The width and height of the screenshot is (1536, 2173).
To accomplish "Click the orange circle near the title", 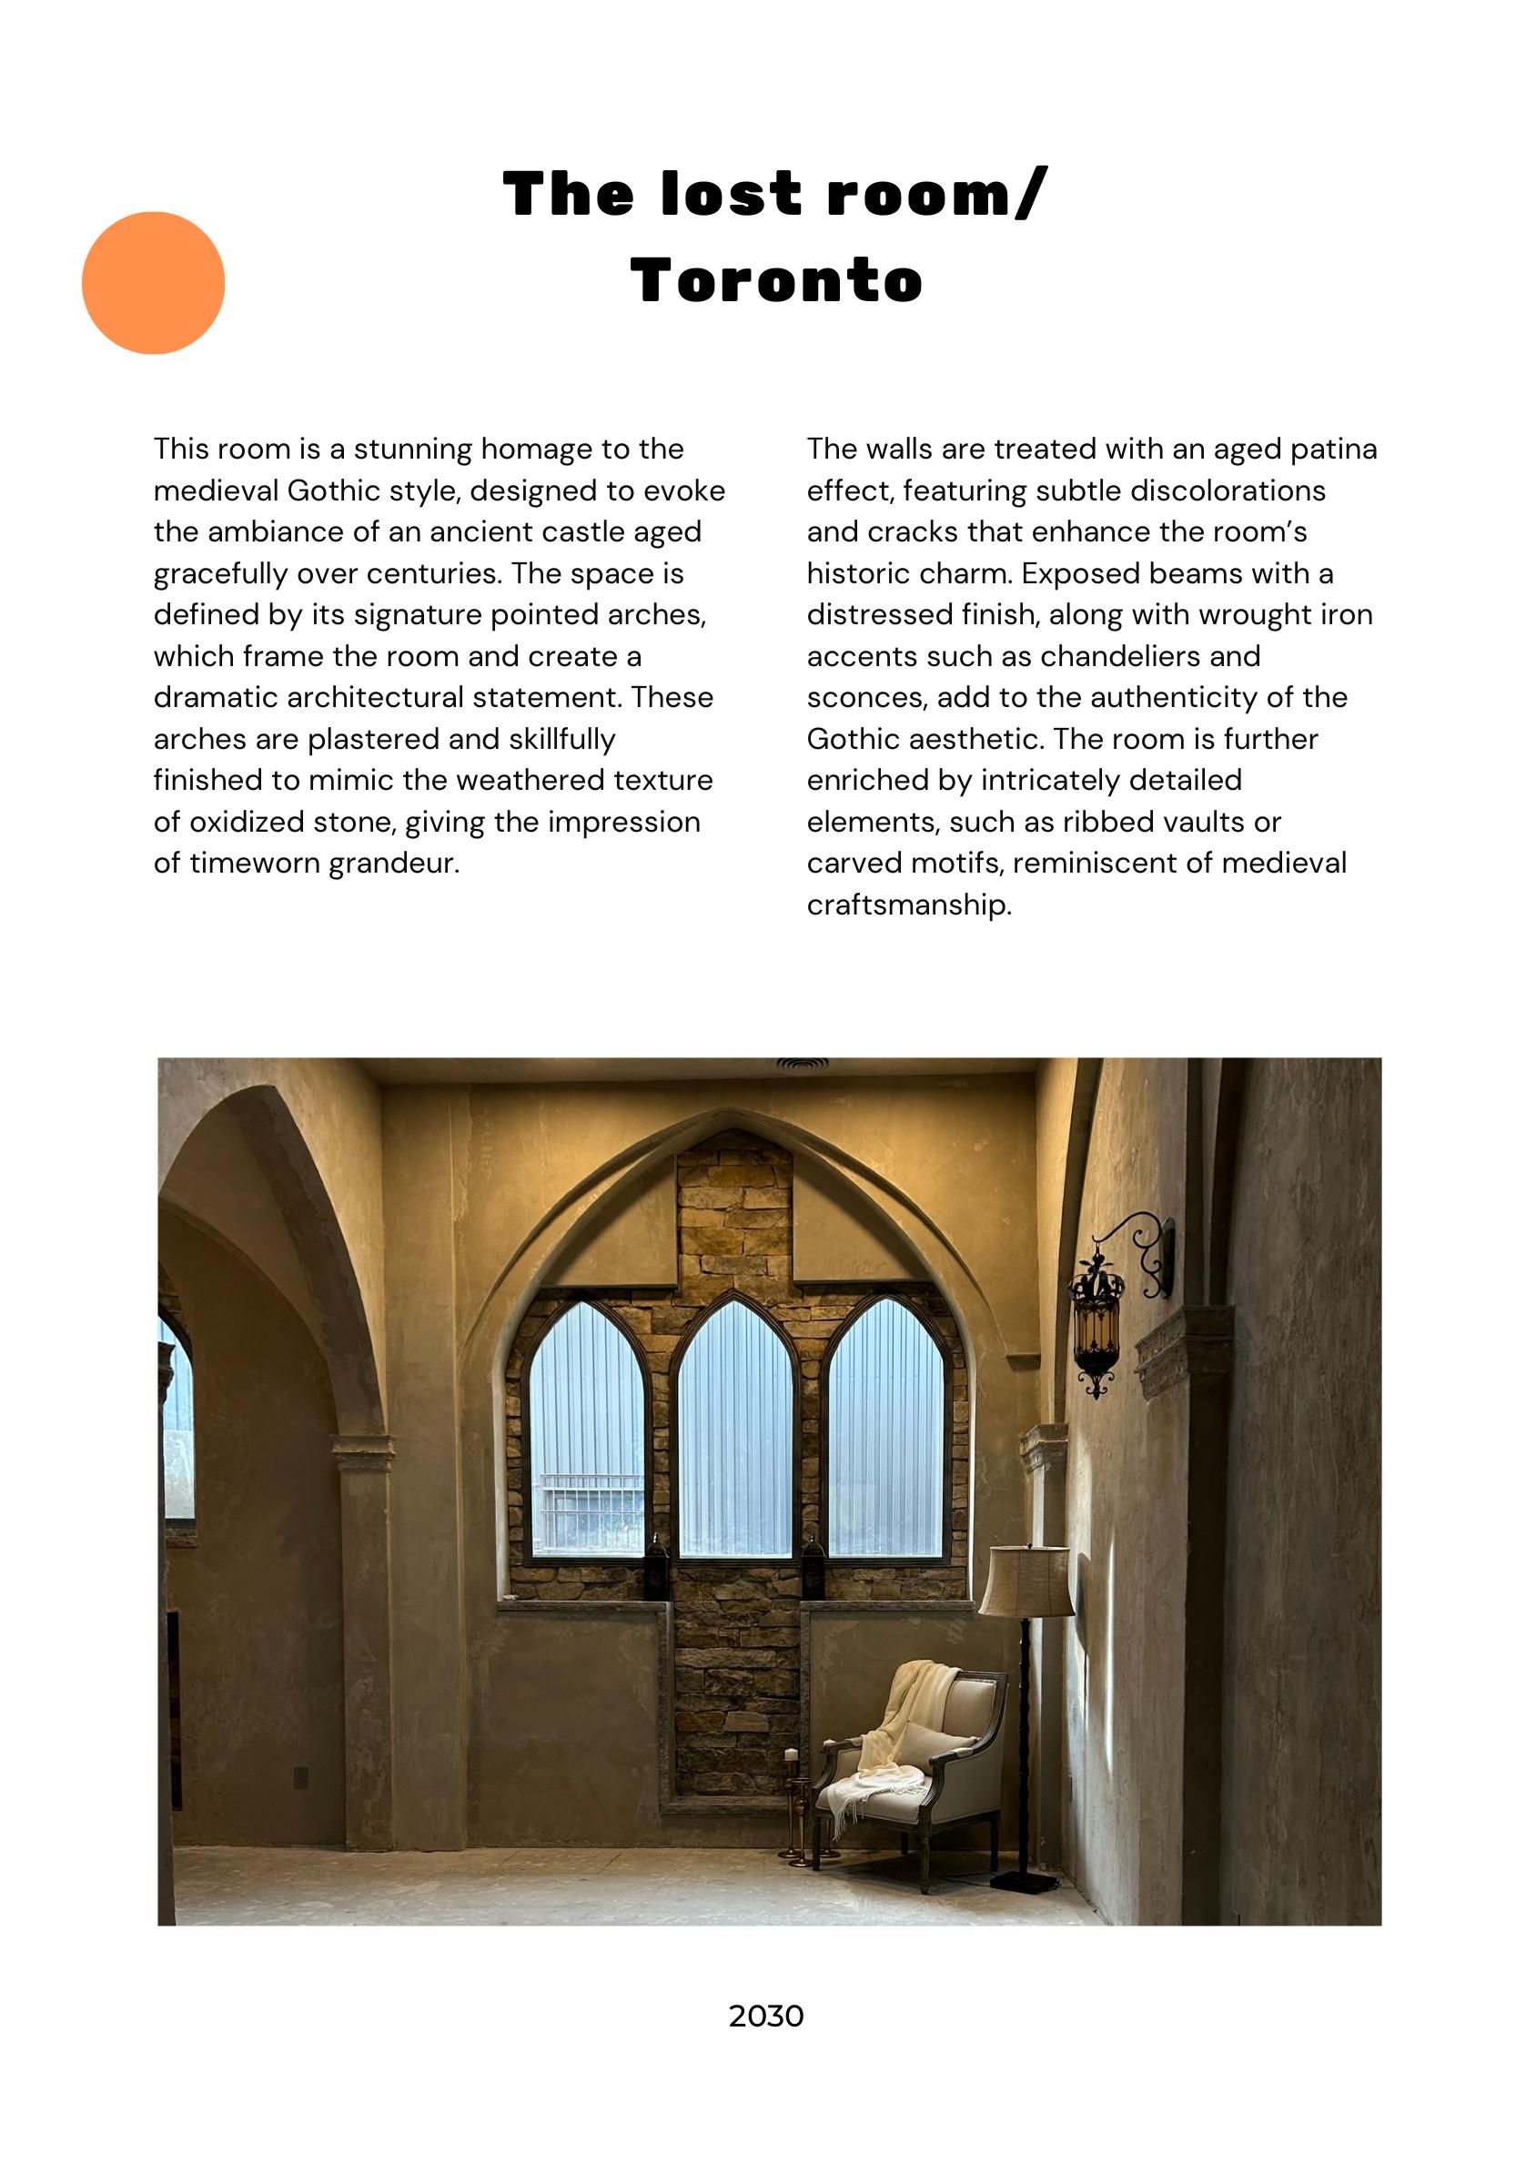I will point(153,282).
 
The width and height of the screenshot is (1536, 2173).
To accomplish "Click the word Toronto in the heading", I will point(776,281).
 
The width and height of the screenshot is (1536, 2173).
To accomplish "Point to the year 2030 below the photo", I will point(765,2016).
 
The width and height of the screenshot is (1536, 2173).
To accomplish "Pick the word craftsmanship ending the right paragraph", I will point(908,905).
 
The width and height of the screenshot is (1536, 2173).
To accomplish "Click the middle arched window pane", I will point(734,1430).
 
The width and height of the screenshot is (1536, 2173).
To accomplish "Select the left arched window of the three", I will point(587,1430).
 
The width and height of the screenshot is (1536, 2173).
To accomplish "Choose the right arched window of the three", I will point(885,1430).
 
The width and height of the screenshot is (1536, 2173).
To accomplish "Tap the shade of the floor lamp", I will point(1026,1581).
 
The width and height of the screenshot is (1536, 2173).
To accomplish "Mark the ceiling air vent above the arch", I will point(802,1065).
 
